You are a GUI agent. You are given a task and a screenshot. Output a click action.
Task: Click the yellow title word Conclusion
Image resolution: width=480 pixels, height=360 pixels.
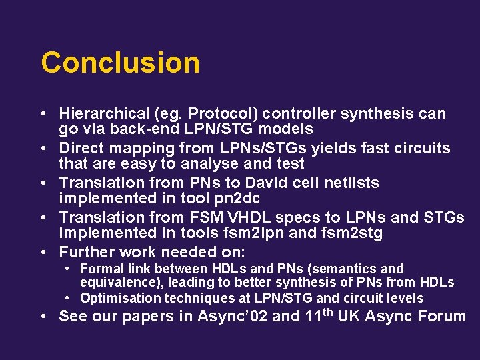pos(120,63)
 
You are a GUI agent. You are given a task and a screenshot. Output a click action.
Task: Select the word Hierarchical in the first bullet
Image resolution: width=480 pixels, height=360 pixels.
pos(103,114)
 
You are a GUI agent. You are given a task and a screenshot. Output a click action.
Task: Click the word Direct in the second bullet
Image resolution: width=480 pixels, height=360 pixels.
pos(81,148)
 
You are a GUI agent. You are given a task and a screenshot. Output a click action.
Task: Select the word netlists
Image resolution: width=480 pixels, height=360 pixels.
pos(347,183)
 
